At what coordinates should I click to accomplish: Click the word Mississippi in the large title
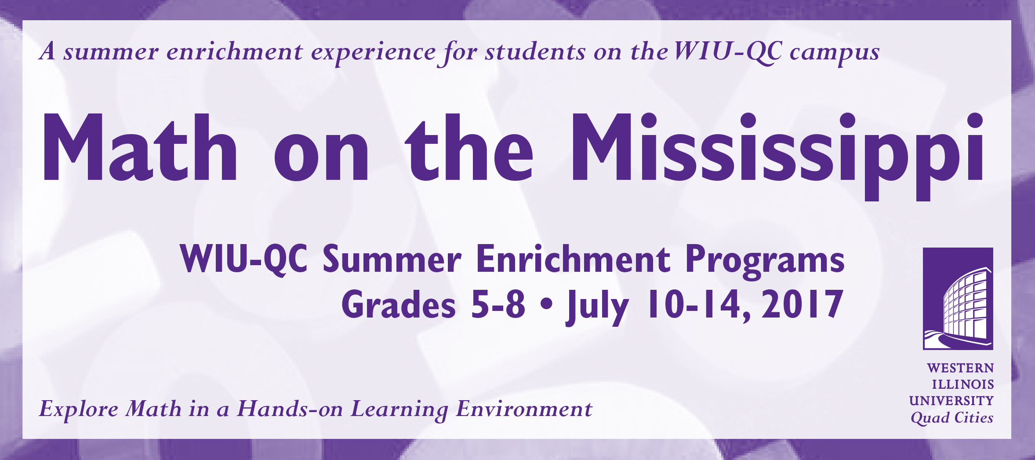[x=777, y=156]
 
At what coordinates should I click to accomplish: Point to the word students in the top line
[x=535, y=51]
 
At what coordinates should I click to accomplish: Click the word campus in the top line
[x=835, y=53]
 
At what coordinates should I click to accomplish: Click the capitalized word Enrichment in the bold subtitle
[x=574, y=259]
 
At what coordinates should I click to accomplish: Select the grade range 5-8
[x=498, y=304]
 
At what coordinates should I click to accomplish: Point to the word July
[x=598, y=307]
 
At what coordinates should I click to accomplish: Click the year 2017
[x=803, y=304]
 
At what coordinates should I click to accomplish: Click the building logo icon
[x=958, y=299]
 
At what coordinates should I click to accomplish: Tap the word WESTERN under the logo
[x=960, y=368]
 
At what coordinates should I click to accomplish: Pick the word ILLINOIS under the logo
[x=963, y=384]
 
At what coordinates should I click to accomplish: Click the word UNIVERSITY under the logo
[x=951, y=401]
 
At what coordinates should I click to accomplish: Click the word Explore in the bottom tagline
[x=79, y=409]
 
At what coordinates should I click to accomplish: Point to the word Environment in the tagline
[x=524, y=409]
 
